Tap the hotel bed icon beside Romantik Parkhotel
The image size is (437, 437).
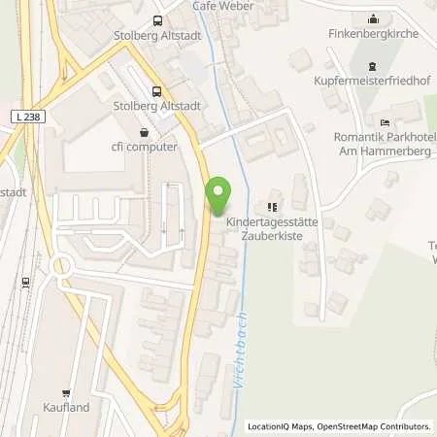click(386, 122)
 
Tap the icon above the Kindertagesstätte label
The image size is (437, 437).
click(273, 206)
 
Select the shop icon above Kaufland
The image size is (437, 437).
click(66, 393)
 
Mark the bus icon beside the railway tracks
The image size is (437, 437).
click(25, 282)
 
